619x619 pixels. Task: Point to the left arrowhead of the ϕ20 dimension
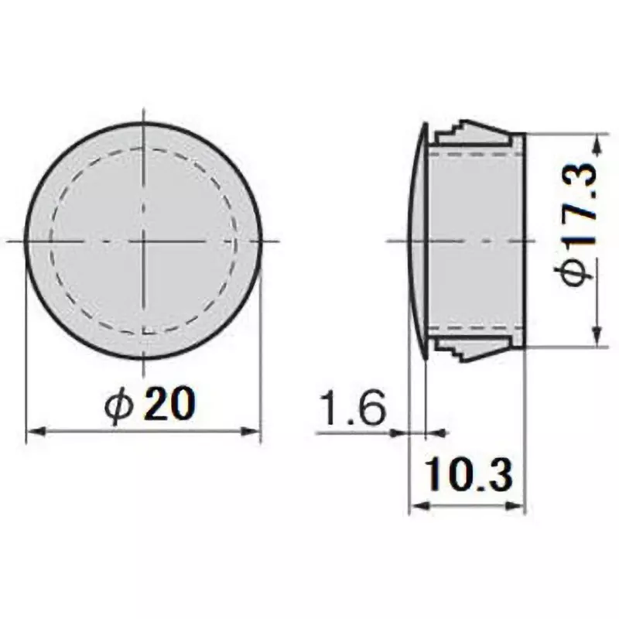tap(32, 431)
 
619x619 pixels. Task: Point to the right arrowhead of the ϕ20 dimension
tap(255, 431)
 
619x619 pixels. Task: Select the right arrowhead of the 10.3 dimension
tap(521, 508)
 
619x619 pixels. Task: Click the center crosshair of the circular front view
tap(144, 241)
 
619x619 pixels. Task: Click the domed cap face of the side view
tap(416, 241)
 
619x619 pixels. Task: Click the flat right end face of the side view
tap(525, 241)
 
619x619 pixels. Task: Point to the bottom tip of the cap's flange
tap(427, 355)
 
